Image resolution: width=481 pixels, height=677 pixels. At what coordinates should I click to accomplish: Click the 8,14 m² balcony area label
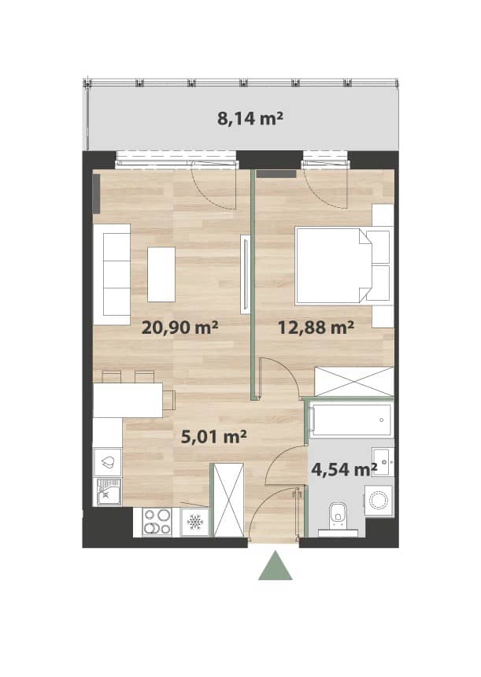click(250, 118)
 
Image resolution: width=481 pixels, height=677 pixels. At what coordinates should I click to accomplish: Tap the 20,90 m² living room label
click(179, 327)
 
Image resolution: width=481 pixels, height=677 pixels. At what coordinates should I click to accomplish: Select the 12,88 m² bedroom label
click(316, 327)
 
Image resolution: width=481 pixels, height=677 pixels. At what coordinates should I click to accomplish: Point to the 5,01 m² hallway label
click(213, 437)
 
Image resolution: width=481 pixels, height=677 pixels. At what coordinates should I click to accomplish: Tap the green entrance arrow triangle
click(276, 565)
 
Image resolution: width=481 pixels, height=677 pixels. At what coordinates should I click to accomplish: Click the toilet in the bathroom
click(338, 519)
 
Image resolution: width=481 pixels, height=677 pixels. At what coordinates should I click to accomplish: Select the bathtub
click(351, 420)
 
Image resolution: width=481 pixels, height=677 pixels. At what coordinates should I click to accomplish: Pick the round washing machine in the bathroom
click(379, 501)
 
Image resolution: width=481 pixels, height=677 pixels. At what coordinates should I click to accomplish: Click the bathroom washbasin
click(383, 462)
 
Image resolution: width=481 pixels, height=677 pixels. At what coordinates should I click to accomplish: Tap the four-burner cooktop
click(157, 522)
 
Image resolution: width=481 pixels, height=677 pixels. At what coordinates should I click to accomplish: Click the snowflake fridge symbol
click(194, 523)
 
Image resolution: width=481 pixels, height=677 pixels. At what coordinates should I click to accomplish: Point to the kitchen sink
click(108, 491)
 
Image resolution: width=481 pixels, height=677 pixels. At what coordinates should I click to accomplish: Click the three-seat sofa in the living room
click(112, 274)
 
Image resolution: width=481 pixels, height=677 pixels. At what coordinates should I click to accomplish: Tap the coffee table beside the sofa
click(161, 274)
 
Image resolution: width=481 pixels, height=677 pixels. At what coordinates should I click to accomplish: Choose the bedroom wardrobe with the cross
click(354, 381)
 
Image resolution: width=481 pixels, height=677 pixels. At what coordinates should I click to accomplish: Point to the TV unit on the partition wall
click(246, 274)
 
